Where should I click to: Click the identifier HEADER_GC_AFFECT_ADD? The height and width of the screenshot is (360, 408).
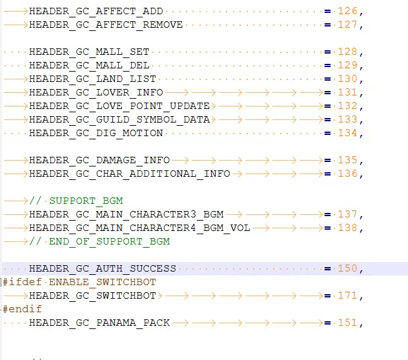click(x=96, y=12)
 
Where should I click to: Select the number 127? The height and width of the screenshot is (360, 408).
click(x=347, y=25)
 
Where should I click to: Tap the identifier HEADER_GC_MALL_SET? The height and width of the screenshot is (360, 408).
click(x=89, y=52)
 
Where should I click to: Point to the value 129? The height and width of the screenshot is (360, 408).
click(x=347, y=65)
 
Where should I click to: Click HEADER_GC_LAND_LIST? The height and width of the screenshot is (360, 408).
click(x=92, y=79)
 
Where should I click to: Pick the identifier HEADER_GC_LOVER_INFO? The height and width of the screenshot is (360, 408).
click(x=96, y=93)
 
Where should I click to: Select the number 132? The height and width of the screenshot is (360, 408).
click(x=347, y=106)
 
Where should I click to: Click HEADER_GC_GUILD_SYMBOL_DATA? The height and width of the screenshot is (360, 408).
click(x=119, y=119)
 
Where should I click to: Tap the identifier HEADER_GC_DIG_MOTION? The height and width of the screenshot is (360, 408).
click(x=96, y=133)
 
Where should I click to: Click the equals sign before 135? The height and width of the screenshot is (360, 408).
click(x=327, y=161)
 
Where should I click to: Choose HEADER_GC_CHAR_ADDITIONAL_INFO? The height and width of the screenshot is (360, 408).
click(x=130, y=174)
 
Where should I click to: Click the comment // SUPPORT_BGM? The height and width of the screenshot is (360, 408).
click(x=76, y=201)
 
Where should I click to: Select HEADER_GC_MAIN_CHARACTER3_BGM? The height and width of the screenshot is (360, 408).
click(x=126, y=214)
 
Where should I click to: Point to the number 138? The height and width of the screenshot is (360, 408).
click(x=347, y=228)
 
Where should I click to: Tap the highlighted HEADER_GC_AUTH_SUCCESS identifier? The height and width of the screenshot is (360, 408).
click(x=103, y=268)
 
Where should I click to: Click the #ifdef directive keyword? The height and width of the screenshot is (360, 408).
click(x=22, y=282)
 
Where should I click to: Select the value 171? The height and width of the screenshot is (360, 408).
click(x=347, y=295)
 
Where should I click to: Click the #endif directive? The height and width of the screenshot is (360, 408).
click(x=22, y=309)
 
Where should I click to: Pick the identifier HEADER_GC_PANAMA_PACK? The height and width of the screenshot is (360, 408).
click(x=99, y=323)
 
